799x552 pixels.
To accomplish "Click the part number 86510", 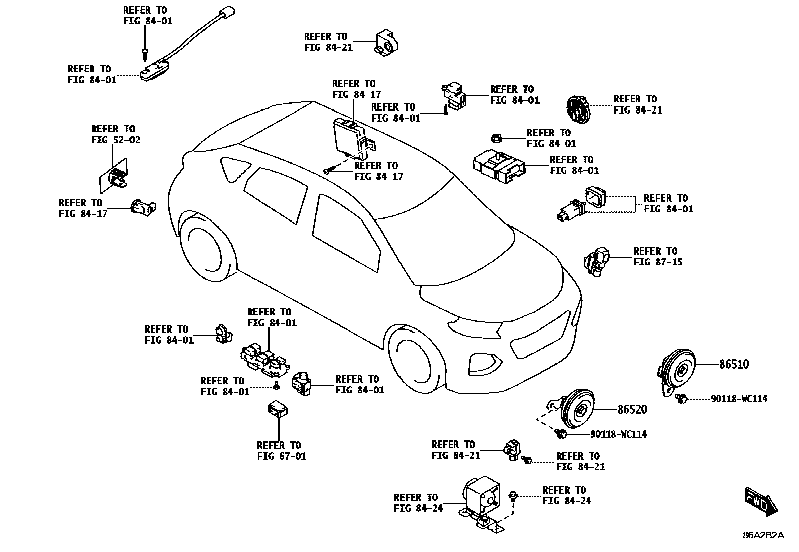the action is click(x=734, y=365).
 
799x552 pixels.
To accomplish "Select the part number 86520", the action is click(x=632, y=410).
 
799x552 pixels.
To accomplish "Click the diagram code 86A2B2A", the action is click(x=764, y=535).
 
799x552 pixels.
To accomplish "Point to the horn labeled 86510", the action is click(x=677, y=371).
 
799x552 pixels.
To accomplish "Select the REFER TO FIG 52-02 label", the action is click(x=116, y=134).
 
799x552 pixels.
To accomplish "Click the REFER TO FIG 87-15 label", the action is click(x=658, y=256).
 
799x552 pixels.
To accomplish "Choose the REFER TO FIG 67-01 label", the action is click(x=282, y=451).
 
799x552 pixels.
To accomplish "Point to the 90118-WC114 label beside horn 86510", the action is click(x=739, y=399).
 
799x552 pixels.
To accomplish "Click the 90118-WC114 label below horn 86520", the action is click(x=618, y=434).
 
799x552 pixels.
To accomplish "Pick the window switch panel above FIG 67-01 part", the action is click(x=264, y=360).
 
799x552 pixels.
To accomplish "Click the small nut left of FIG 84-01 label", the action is click(x=496, y=138).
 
